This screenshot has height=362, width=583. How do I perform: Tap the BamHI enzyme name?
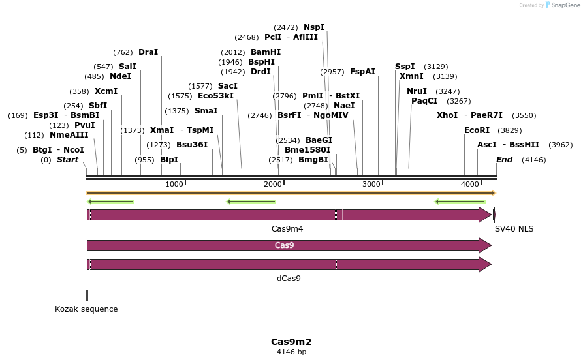pyautogui.click(x=266, y=52)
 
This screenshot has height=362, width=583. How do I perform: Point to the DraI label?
pyautogui.click(x=148, y=52)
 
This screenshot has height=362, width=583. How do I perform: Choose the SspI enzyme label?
pyautogui.click(x=405, y=67)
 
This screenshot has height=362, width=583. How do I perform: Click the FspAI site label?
pyautogui.click(x=362, y=72)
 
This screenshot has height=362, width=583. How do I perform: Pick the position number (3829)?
pyautogui.click(x=509, y=130)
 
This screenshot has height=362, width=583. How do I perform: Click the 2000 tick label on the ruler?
pyautogui.click(x=273, y=185)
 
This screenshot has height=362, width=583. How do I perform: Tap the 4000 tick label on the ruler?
pyautogui.click(x=470, y=185)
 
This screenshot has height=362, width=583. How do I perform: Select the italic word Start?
pyautogui.click(x=67, y=160)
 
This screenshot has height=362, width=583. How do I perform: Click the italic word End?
pyautogui.click(x=504, y=160)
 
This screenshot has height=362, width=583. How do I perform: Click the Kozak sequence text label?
pyautogui.click(x=86, y=309)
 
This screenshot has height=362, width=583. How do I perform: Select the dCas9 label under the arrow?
pyautogui.click(x=289, y=279)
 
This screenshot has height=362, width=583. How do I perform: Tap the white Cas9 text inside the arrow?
pyautogui.click(x=284, y=245)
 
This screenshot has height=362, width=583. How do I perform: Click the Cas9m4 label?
pyautogui.click(x=287, y=229)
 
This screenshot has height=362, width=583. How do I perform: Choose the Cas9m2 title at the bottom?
pyautogui.click(x=291, y=342)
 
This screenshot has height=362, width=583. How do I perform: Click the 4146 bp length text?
pyautogui.click(x=291, y=352)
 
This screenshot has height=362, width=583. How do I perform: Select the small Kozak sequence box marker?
pyautogui.click(x=87, y=295)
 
